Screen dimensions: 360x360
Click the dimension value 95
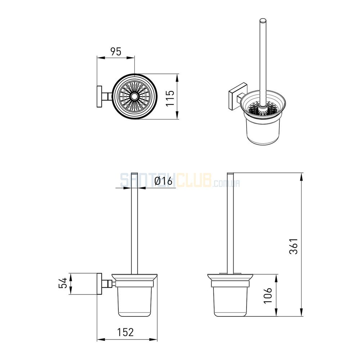(x=116, y=51)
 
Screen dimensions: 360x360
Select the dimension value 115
(x=170, y=98)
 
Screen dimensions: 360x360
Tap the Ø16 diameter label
(x=163, y=181)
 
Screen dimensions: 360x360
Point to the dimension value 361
(x=293, y=246)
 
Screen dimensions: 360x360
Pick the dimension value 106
(x=267, y=295)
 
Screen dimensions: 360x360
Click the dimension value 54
(x=62, y=283)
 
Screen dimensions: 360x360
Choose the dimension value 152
(x=126, y=332)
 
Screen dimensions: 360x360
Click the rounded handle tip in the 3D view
(x=263, y=21)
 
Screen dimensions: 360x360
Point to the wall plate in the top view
(x=99, y=96)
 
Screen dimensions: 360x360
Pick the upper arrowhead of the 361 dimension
(x=302, y=176)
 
